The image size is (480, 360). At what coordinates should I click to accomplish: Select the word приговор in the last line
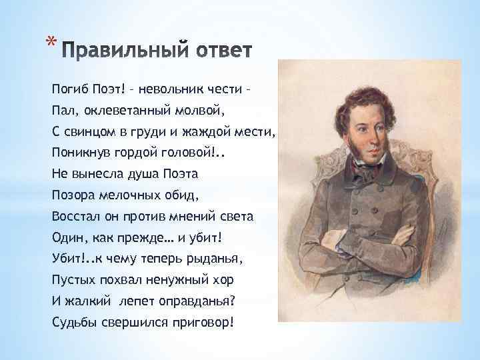point(200,323)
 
